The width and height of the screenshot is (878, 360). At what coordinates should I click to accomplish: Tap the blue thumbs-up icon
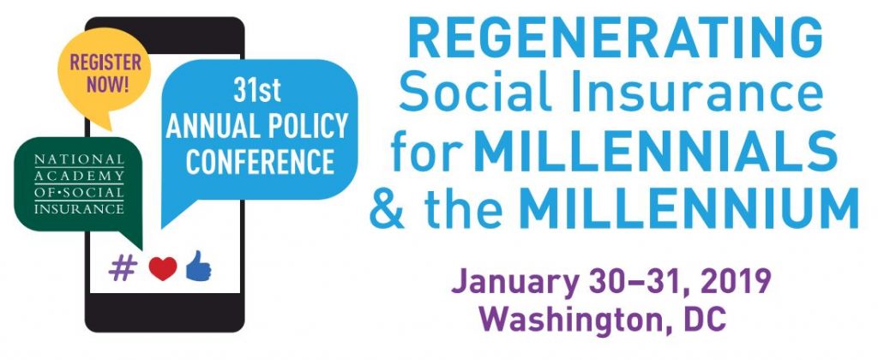pos(198,266)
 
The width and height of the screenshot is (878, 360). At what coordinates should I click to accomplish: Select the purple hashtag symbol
pos(123,268)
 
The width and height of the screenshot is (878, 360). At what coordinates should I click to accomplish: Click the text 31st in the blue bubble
pos(257,92)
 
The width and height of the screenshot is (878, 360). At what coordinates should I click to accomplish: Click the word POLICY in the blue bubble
pos(308,127)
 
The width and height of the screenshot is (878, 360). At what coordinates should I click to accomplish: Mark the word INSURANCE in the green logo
pos(79,209)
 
